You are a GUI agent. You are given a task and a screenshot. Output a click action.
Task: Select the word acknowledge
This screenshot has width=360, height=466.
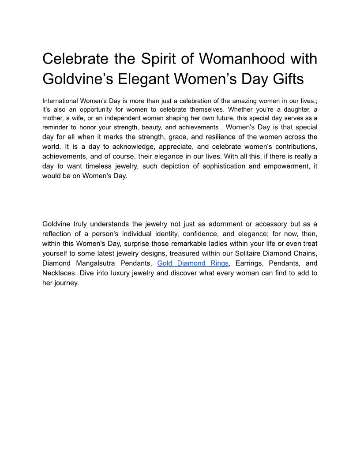pyautogui.click(x=111, y=147)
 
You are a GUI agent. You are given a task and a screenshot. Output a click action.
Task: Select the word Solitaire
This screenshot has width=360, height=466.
pyautogui.click(x=241, y=253)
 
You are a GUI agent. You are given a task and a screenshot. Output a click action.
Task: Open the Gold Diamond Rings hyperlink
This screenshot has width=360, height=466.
pyautogui.click(x=193, y=263)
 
